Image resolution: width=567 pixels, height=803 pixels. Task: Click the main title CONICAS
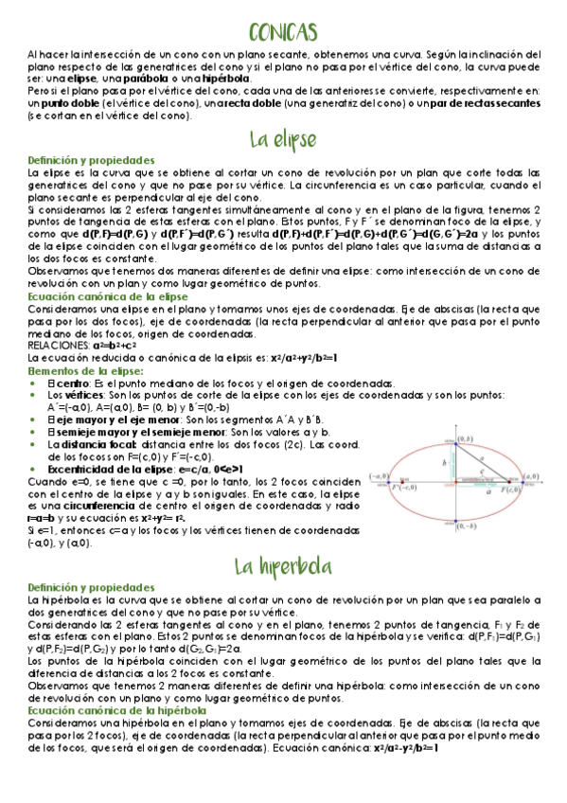coord(284,33)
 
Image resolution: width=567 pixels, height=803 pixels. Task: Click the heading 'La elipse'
coord(283,139)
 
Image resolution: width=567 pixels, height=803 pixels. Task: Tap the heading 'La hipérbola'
coord(283,566)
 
